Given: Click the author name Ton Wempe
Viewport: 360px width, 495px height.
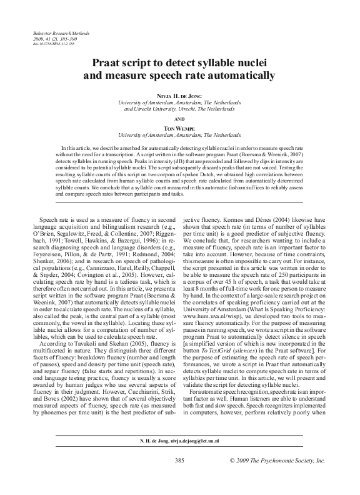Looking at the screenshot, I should tap(179, 127).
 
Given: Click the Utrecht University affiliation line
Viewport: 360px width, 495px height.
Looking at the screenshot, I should tap(179, 108).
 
